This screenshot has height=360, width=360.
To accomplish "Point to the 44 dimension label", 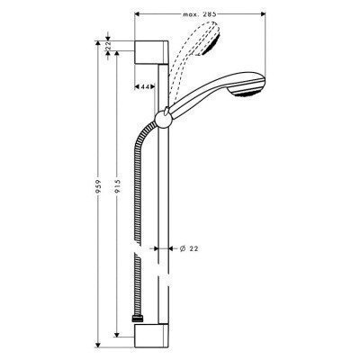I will pos(145,86).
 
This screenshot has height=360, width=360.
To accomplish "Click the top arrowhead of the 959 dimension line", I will pos(98,42).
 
